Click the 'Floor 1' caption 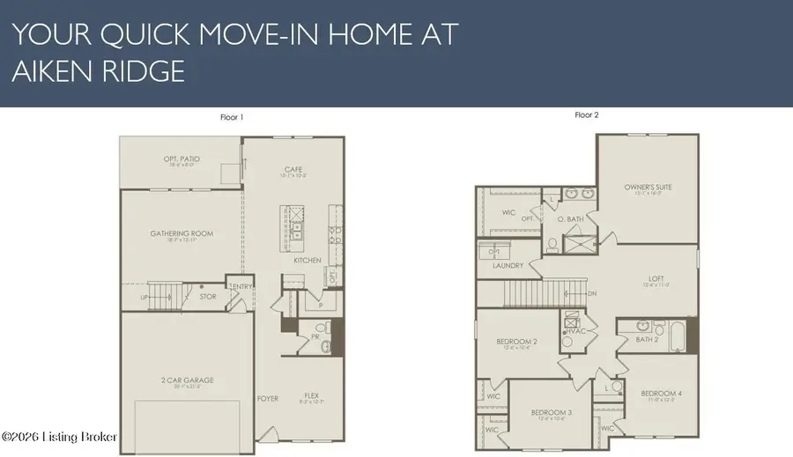tap(232, 116)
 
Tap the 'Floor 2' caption tap(587, 115)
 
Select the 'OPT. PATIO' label tap(182, 158)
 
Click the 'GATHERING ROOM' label tap(182, 233)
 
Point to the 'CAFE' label tap(293, 170)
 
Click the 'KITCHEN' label tap(308, 260)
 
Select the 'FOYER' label tap(268, 398)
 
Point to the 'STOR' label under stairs tap(207, 297)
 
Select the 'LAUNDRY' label tap(508, 265)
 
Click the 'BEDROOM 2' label tap(516, 341)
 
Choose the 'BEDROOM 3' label tap(552, 412)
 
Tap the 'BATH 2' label tap(648, 339)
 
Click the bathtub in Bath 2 tap(675, 335)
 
